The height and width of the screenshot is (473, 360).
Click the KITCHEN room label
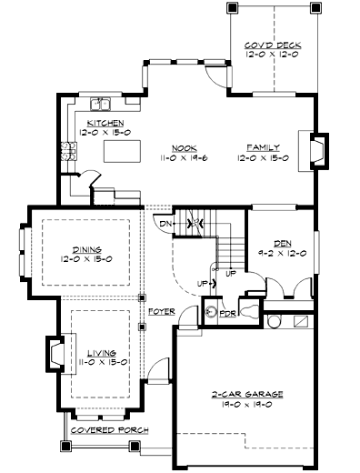click(105, 121)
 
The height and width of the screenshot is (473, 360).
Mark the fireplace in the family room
click(317, 151)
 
